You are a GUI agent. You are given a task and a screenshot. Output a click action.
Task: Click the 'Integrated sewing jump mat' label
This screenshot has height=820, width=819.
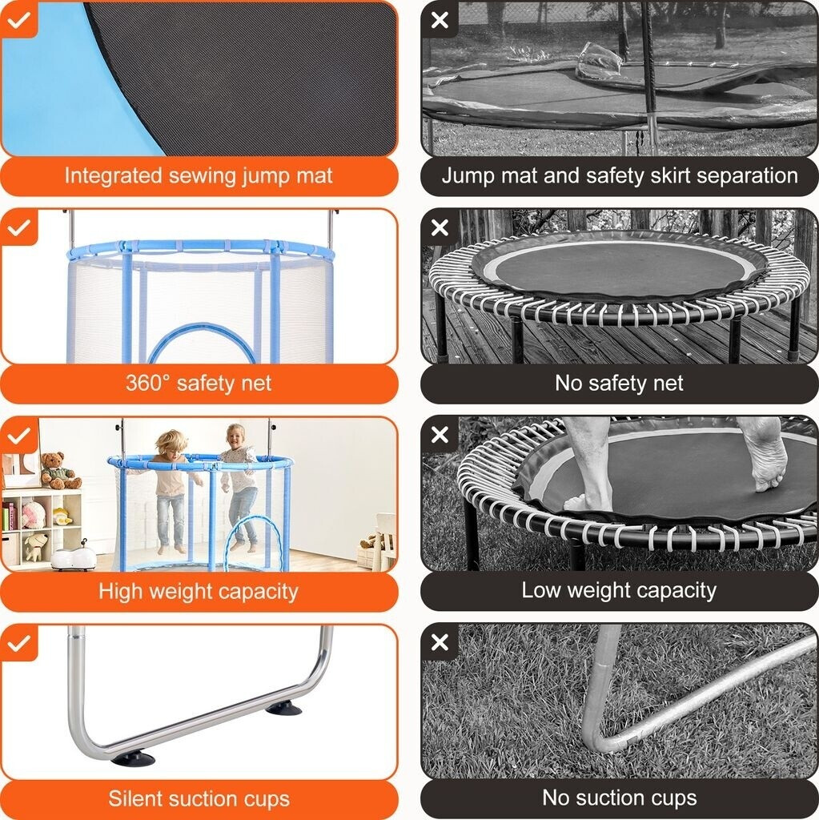coord(199,175)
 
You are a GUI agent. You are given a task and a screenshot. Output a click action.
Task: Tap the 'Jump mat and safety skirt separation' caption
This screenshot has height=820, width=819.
coord(620,175)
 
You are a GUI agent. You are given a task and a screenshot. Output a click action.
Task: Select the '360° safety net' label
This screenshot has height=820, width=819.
coord(199,383)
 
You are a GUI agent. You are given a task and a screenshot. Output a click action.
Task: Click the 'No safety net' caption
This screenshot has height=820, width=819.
coord(619,383)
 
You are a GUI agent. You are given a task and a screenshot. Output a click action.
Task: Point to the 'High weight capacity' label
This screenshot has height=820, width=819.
coord(199,591)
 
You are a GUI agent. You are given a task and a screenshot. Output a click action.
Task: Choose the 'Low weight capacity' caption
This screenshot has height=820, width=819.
coord(619,590)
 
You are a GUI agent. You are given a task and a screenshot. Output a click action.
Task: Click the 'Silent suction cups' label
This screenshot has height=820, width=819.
coord(199,798)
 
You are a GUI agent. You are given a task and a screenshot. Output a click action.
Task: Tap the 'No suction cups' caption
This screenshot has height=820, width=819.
coord(619,798)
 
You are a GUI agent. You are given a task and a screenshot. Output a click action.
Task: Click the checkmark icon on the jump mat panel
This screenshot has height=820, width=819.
coord(19,20)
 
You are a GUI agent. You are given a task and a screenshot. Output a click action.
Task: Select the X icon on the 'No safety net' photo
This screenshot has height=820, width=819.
coord(440,227)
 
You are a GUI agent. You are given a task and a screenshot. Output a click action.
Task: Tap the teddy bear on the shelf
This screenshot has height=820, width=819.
coord(59,470)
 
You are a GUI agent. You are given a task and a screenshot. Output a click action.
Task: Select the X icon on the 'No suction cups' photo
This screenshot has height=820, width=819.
coord(440,642)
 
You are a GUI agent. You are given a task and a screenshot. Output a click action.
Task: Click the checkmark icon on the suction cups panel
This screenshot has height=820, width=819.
coord(19,643)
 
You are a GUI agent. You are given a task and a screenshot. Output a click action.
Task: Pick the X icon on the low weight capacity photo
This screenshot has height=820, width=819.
coord(440,435)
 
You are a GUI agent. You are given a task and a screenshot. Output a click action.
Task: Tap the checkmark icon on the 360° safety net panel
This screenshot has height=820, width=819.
coord(19,227)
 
